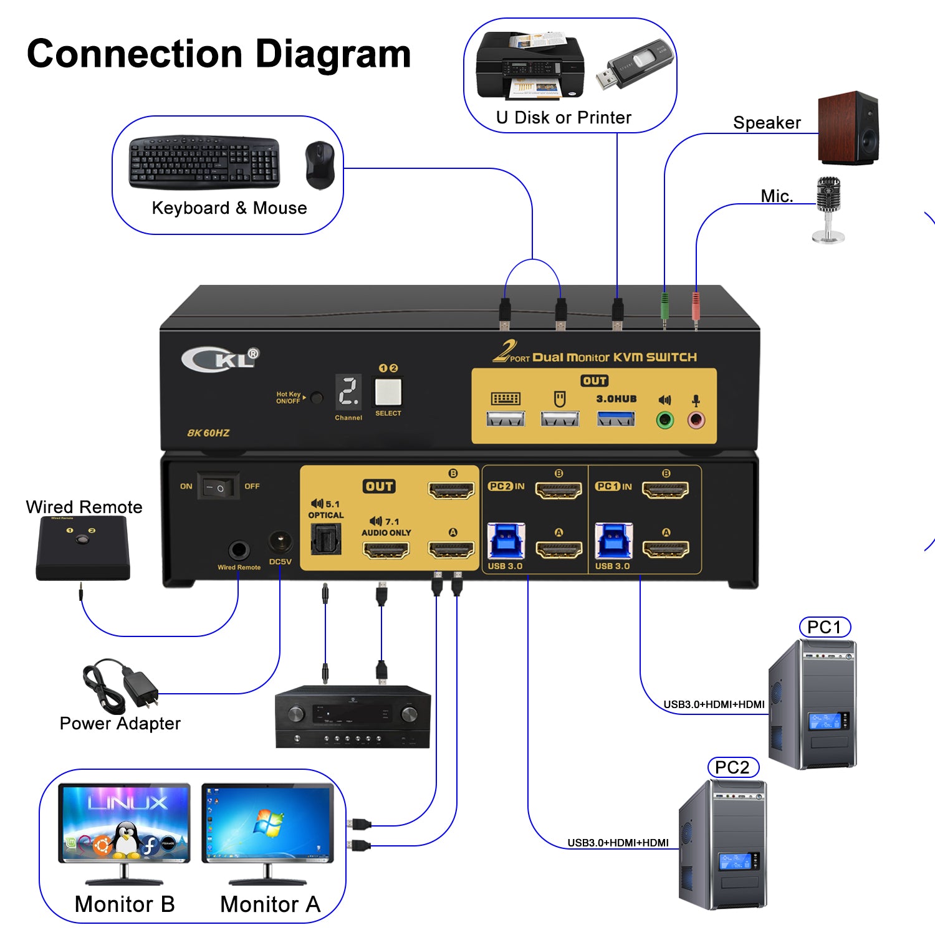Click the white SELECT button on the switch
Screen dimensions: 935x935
pyautogui.click(x=388, y=393)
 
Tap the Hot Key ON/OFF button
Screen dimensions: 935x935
pyautogui.click(x=317, y=398)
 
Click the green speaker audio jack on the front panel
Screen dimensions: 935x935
pyautogui.click(x=665, y=420)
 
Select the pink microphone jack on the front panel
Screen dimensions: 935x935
pyautogui.click(x=696, y=420)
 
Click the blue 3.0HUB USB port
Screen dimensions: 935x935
pyautogui.click(x=616, y=418)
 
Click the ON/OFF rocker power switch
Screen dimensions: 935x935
pyautogui.click(x=218, y=487)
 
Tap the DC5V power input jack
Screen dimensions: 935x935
pyautogui.click(x=280, y=542)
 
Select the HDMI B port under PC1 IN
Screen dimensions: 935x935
pyautogui.click(x=665, y=491)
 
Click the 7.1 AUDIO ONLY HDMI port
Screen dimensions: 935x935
pyautogui.click(x=386, y=550)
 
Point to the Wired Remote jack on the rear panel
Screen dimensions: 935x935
pyautogui.click(x=239, y=550)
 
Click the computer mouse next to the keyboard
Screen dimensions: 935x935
pyautogui.click(x=320, y=165)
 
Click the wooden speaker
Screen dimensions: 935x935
pyautogui.click(x=848, y=128)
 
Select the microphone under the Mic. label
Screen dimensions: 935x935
pyautogui.click(x=828, y=209)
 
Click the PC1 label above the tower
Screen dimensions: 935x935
pyautogui.click(x=824, y=627)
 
